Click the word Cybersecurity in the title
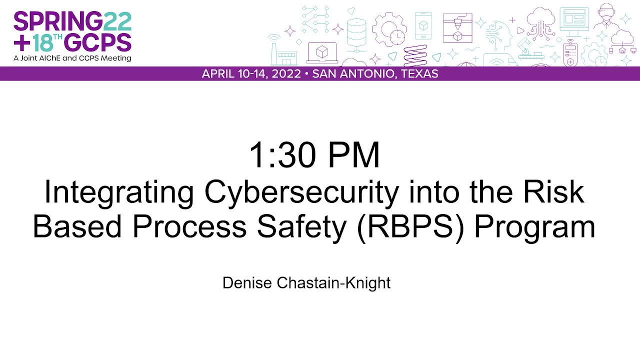[x=301, y=193]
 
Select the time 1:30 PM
[x=314, y=155]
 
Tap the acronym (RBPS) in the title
[x=410, y=227]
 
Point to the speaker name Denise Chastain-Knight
[x=306, y=283]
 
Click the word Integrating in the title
[x=119, y=193]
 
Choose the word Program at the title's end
[x=535, y=227]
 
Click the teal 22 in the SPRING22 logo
[x=117, y=21]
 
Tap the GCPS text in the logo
[x=97, y=42]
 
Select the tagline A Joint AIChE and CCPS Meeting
[x=72, y=58]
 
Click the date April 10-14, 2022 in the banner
[x=251, y=74]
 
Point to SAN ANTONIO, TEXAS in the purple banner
[x=375, y=74]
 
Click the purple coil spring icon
[x=415, y=55]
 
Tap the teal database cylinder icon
[x=356, y=35]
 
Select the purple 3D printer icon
[x=457, y=28]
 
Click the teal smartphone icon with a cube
[x=423, y=25]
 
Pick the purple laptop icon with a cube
[x=322, y=53]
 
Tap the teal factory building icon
[x=282, y=54]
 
